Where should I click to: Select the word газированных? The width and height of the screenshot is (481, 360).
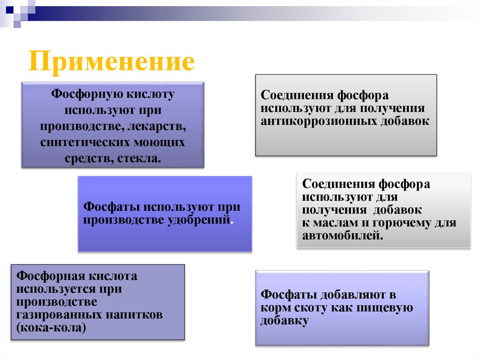point(53,314)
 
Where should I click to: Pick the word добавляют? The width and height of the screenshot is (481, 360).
point(349,295)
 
